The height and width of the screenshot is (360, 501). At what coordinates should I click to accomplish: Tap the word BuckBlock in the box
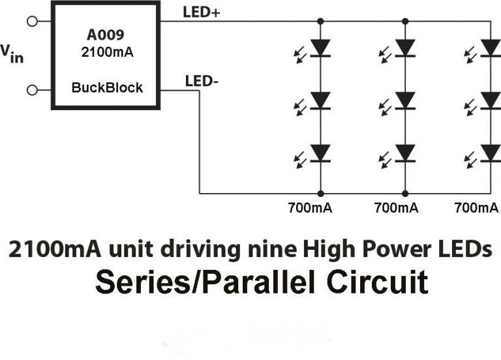[x=107, y=87]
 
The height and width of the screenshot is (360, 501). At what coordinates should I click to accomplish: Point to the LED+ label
[x=202, y=12]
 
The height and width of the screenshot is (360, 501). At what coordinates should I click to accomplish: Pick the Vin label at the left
[x=12, y=53]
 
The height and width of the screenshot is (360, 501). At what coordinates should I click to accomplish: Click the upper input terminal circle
[x=31, y=22]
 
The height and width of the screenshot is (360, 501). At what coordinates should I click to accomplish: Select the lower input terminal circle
[x=31, y=89]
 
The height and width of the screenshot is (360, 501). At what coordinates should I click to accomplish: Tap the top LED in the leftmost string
[x=320, y=48]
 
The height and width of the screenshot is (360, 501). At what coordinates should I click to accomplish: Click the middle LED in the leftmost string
[x=320, y=100]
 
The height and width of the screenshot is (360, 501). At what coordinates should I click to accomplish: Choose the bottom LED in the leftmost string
[x=320, y=152]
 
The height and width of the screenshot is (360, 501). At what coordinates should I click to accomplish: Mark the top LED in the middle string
[x=405, y=48]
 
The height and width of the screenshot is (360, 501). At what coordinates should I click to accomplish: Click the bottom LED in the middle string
[x=405, y=152]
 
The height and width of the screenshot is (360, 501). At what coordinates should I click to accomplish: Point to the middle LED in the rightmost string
[x=490, y=100]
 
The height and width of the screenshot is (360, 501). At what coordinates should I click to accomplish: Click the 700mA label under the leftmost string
[x=310, y=208]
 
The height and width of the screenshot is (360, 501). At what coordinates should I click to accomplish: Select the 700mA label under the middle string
[x=396, y=208]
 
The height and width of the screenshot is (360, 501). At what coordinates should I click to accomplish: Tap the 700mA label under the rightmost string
[x=477, y=208]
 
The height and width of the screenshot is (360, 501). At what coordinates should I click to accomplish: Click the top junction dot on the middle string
[x=405, y=21]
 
